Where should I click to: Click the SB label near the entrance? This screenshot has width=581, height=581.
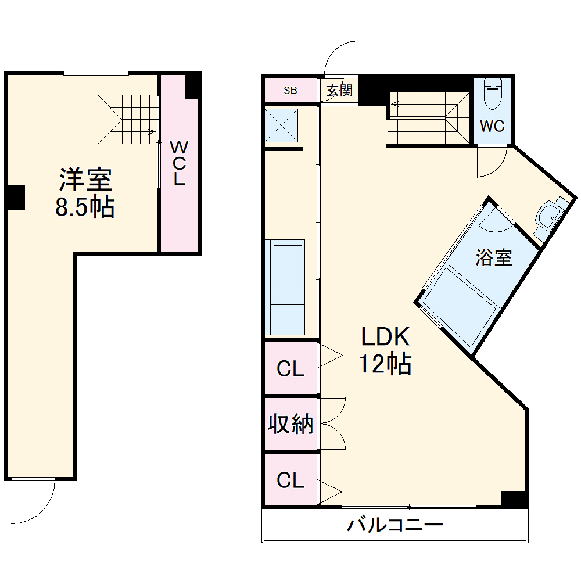[x=290, y=90]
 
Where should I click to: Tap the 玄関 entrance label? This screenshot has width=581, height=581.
[x=339, y=91]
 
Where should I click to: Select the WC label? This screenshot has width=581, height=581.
[x=492, y=126]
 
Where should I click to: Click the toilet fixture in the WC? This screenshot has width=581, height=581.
[x=492, y=94]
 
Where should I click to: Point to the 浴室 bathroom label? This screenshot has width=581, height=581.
[x=494, y=257]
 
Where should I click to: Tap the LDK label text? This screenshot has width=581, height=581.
[x=386, y=336]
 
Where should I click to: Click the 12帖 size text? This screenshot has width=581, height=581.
[x=385, y=364]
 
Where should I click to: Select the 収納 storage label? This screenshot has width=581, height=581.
[x=290, y=425]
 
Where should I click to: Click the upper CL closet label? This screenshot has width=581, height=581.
[x=290, y=369]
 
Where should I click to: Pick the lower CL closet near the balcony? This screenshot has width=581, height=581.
[x=290, y=480]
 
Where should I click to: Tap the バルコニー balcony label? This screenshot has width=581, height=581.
[x=395, y=526]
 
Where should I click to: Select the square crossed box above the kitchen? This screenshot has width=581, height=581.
[x=281, y=124]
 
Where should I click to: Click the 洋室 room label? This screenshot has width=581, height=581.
[x=85, y=180]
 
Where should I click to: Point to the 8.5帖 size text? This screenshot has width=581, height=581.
[x=85, y=207]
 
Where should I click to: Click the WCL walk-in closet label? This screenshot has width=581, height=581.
[x=178, y=163]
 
